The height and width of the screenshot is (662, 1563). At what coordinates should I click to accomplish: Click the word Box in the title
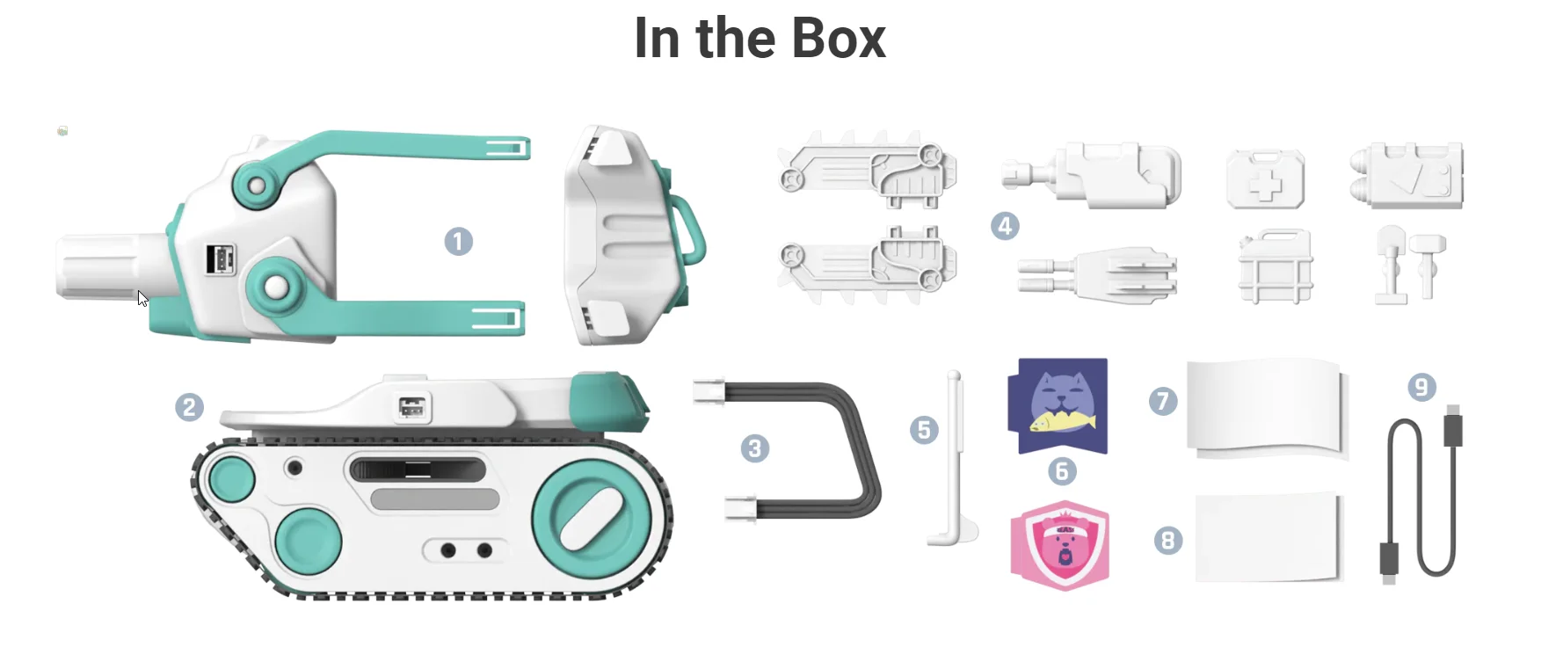point(838,40)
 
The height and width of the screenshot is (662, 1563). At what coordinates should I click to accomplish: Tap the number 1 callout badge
point(458,242)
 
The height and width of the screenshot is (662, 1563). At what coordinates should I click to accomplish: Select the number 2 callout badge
point(189,407)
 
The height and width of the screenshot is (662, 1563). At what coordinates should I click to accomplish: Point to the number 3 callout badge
point(754,448)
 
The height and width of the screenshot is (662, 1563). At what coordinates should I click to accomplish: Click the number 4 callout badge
point(1005,226)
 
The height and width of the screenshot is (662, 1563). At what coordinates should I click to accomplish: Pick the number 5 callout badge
point(924,430)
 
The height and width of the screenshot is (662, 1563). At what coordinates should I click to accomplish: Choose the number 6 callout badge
point(1061,472)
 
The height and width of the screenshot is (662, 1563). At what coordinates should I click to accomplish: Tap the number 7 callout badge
point(1163,401)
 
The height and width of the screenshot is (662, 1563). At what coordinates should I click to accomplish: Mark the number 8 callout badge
point(1167,540)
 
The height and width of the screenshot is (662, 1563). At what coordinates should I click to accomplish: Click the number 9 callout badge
point(1421,387)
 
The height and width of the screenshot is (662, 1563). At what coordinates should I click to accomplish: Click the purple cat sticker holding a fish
point(1059,405)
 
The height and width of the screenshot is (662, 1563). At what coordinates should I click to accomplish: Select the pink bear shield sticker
point(1060,544)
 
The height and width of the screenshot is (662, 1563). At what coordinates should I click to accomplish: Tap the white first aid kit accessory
point(1265,179)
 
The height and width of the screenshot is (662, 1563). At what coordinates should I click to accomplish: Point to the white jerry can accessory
point(1275,267)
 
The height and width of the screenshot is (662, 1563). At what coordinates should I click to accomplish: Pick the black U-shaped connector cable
point(800,448)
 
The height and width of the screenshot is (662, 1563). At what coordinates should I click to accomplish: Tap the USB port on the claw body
point(220,259)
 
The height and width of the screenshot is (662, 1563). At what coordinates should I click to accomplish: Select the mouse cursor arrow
point(141,297)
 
